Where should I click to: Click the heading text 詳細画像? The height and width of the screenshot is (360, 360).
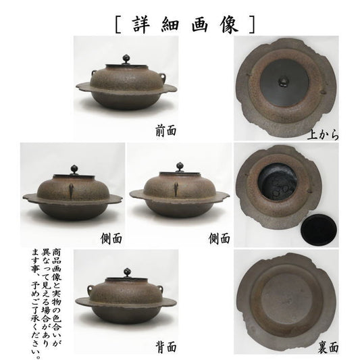tap(185, 24)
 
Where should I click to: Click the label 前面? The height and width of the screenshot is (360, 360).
tap(166, 131)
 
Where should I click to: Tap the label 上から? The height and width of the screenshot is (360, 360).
tap(323, 134)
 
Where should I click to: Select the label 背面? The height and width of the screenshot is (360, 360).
tap(166, 346)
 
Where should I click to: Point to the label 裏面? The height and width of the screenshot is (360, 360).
tap(328, 346)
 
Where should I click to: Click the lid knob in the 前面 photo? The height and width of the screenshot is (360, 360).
tap(126, 59)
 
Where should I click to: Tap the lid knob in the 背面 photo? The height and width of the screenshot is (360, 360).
tap(127, 273)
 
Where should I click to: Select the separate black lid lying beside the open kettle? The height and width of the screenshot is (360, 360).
tap(319, 230)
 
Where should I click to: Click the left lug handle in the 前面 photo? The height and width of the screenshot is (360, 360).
tap(94, 73)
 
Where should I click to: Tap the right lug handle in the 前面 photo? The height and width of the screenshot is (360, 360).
tap(162, 76)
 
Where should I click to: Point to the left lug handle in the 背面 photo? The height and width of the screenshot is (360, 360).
tap(91, 288)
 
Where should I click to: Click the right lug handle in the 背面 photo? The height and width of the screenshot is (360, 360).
tap(160, 288)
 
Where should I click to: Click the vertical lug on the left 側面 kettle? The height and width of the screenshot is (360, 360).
tap(71, 190)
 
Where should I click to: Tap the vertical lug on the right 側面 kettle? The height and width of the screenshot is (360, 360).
tap(176, 188)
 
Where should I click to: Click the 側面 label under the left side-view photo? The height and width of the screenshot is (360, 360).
tap(111, 239)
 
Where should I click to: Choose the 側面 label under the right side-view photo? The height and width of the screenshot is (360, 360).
tap(220, 238)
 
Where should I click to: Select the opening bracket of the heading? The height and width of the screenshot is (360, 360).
tap(118, 24)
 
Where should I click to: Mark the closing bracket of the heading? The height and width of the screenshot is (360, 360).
tap(252, 24)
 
